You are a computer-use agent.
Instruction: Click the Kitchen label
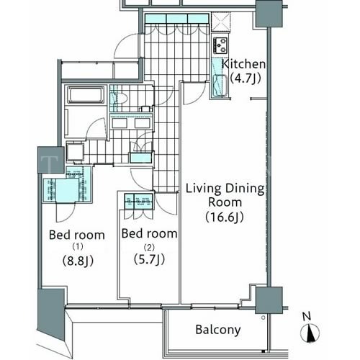coord(243,64)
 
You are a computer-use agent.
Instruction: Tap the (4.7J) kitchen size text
coord(246,78)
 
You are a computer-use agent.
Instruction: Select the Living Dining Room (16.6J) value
coord(225,217)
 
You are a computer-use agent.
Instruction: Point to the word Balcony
coord(218,330)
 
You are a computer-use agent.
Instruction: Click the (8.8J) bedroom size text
coord(78,261)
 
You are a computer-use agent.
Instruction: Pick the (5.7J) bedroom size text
coord(149,259)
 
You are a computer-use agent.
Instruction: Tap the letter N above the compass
coord(307,316)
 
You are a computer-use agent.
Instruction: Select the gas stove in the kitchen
coord(220,45)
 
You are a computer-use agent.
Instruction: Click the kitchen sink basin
coord(220,85)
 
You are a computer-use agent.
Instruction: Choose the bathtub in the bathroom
coord(86,94)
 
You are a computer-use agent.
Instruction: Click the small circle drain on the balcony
coord(264,318)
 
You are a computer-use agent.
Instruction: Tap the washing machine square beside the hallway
coord(75,152)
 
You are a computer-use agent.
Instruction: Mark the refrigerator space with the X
coord(221,22)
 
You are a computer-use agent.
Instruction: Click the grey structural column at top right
coord(269,14)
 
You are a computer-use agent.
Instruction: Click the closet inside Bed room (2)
coord(138,201)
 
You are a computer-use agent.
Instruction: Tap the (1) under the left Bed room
coord(78,246)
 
